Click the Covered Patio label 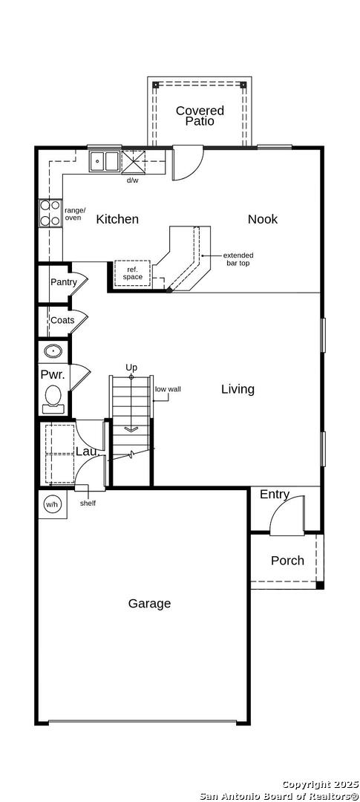tap(200, 116)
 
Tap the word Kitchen tap(117, 219)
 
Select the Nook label tap(263, 219)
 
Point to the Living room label tap(238, 389)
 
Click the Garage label tap(149, 604)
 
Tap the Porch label tap(287, 561)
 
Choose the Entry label tap(275, 495)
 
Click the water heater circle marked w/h tap(52, 504)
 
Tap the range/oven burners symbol tap(50, 213)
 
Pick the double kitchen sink tap(105, 161)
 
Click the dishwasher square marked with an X tap(134, 162)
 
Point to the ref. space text tap(132, 273)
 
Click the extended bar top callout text tap(238, 259)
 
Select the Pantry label tap(63, 282)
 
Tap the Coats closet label tap(62, 321)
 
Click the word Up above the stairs tap(132, 368)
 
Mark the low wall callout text tap(168, 389)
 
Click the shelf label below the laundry tap(88, 503)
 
